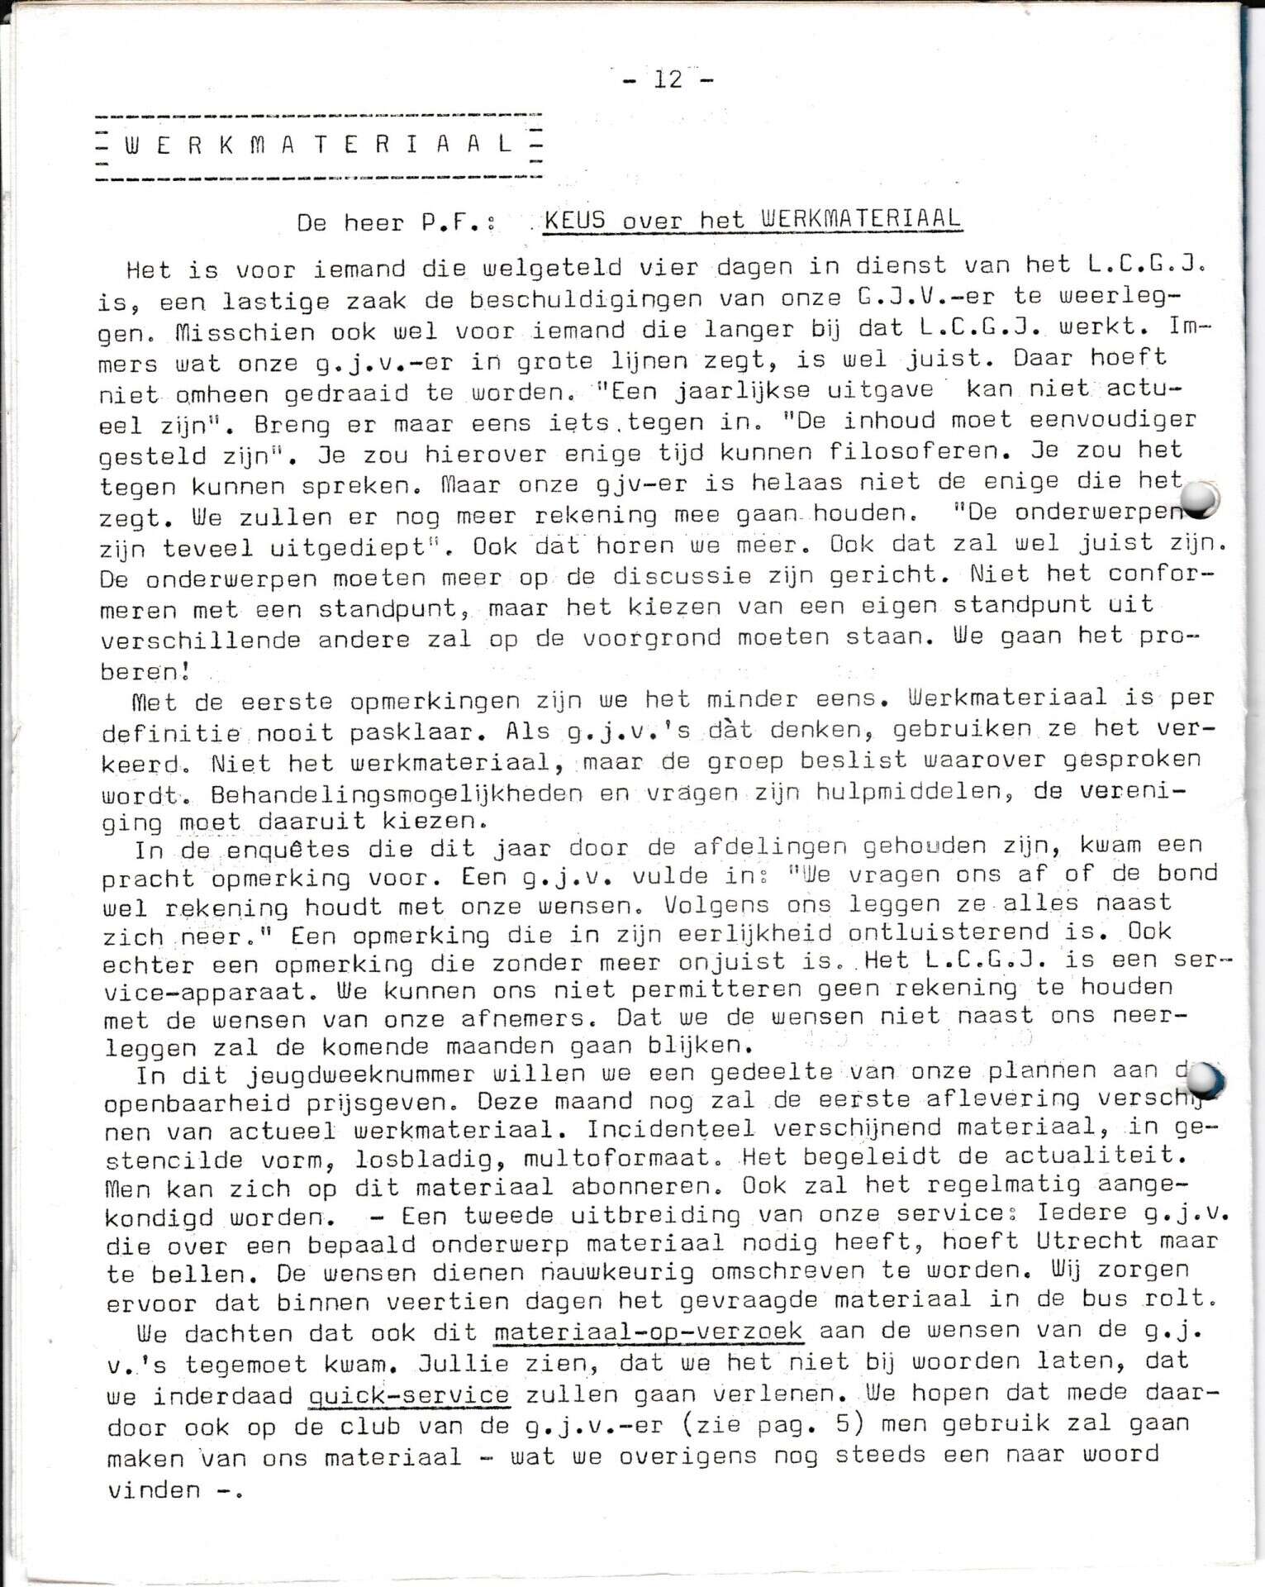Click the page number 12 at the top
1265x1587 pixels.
[x=668, y=79]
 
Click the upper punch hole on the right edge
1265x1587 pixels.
[x=1199, y=498]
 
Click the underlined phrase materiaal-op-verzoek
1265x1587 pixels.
[x=648, y=1332]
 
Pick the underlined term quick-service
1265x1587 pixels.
[x=408, y=1396]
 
